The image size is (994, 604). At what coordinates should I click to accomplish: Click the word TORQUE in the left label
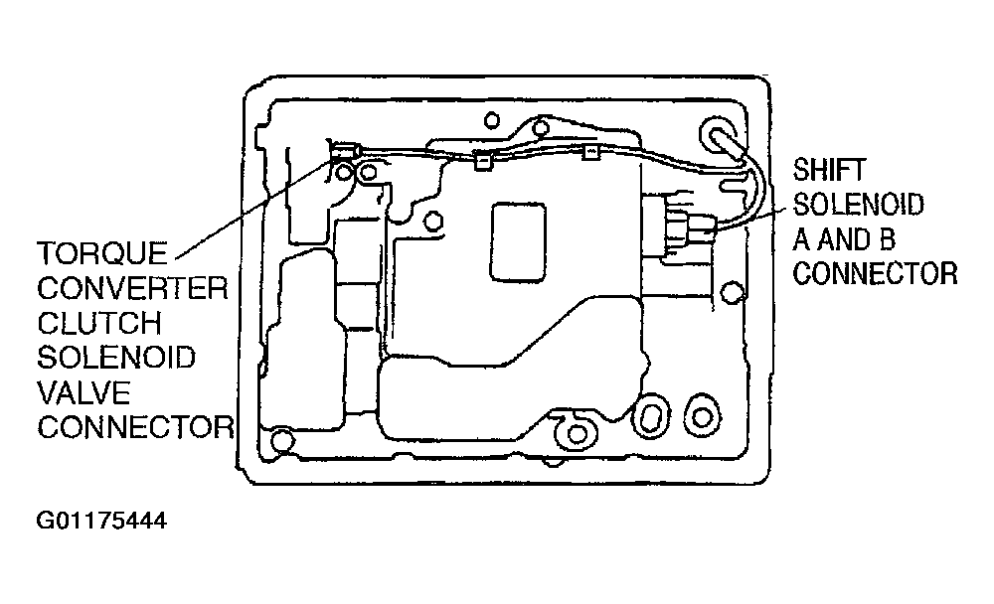102,254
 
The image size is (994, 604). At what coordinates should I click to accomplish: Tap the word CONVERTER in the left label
132,288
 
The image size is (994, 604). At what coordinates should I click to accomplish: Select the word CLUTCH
99,323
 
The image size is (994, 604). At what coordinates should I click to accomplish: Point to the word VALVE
83,393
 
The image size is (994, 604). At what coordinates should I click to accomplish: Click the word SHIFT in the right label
829,170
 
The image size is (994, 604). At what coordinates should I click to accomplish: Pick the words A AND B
844,239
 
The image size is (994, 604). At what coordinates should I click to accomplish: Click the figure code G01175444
101,521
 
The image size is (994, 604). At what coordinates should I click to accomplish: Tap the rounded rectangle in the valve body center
518,241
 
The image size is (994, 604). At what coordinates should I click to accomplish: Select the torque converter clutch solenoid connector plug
346,152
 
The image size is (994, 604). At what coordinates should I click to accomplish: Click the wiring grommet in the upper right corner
721,136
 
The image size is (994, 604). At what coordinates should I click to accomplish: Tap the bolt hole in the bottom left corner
282,440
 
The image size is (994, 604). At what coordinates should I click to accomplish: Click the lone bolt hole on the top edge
491,120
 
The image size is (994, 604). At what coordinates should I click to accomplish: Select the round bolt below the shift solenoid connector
733,292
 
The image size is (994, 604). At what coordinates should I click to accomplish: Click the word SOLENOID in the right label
859,205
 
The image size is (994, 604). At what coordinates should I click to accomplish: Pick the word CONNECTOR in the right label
875,274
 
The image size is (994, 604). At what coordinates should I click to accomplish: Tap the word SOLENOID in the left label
116,358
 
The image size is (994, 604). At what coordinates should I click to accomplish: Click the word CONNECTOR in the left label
135,428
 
